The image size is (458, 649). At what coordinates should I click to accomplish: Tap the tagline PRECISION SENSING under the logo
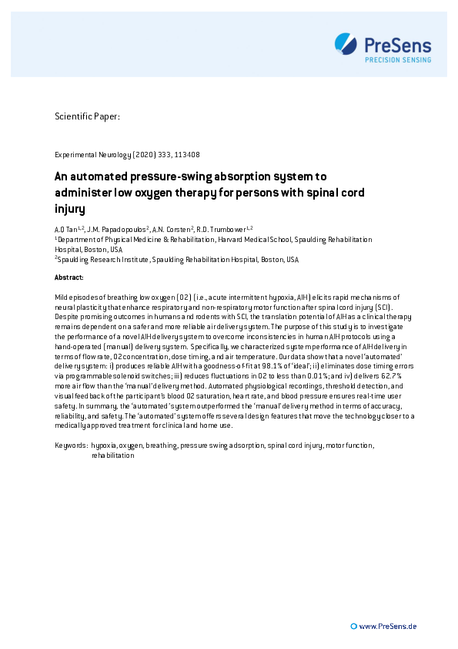[398, 59]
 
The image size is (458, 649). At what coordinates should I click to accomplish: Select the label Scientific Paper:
[87, 117]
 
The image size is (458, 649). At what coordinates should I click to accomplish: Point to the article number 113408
[188, 155]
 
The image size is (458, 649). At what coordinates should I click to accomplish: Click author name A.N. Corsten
[175, 229]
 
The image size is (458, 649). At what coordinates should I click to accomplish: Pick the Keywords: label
[71, 446]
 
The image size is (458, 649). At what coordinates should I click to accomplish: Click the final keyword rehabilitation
[112, 456]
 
